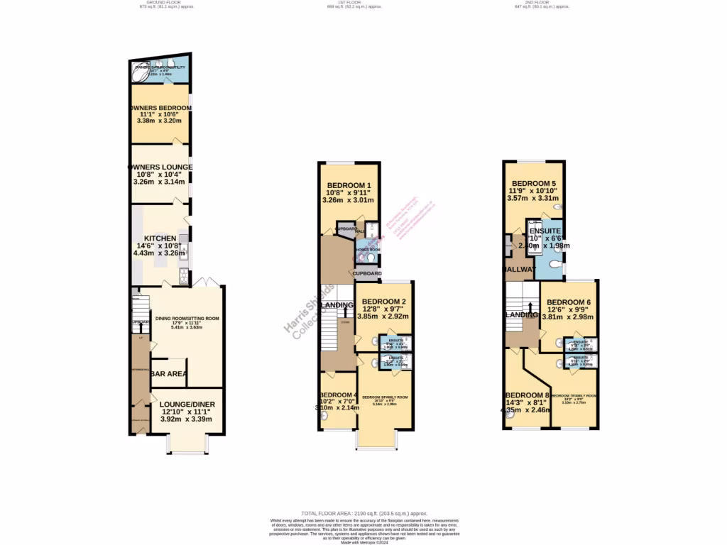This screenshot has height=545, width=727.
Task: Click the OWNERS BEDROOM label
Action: pos(160,108)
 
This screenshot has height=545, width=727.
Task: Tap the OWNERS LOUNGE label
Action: pos(160,167)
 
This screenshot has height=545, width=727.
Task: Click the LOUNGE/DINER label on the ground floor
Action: pos(187,404)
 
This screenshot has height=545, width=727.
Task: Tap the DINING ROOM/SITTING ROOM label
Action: pos(188,319)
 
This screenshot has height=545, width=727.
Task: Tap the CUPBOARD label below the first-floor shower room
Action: pos(367,273)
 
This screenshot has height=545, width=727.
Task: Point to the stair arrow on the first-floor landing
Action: pos(346,309)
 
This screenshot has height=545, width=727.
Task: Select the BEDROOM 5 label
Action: pos(534,182)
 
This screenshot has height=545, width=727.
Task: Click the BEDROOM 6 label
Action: pos(568,302)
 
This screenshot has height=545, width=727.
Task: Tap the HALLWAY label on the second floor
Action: pos(520,270)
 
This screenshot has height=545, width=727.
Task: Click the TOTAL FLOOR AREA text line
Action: pos(363,512)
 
